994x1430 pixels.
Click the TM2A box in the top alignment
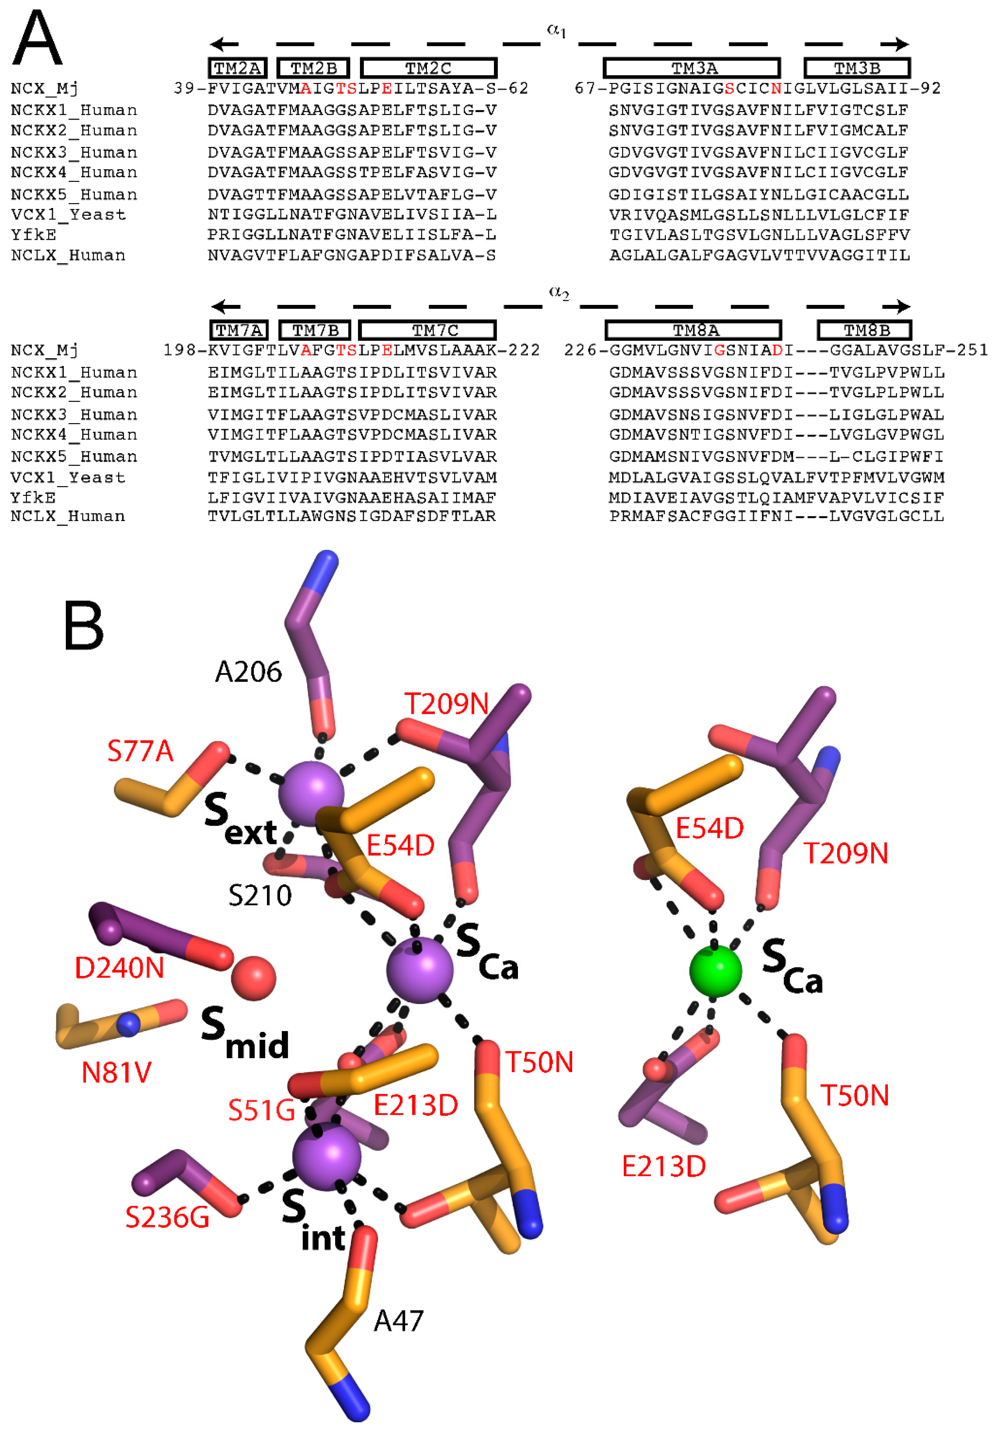[x=237, y=68]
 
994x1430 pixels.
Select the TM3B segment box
[x=857, y=68]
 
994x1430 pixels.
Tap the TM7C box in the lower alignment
[x=427, y=330]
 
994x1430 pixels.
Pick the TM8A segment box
[x=693, y=330]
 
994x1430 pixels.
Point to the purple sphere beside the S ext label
[x=311, y=793]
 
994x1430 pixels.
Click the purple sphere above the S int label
[x=326, y=1156]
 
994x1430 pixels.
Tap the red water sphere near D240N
[x=253, y=978]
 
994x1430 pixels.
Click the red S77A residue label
[x=140, y=751]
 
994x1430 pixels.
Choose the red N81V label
[x=117, y=1072]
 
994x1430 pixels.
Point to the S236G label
[x=167, y=1217]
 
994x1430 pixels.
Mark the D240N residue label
[x=119, y=968]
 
